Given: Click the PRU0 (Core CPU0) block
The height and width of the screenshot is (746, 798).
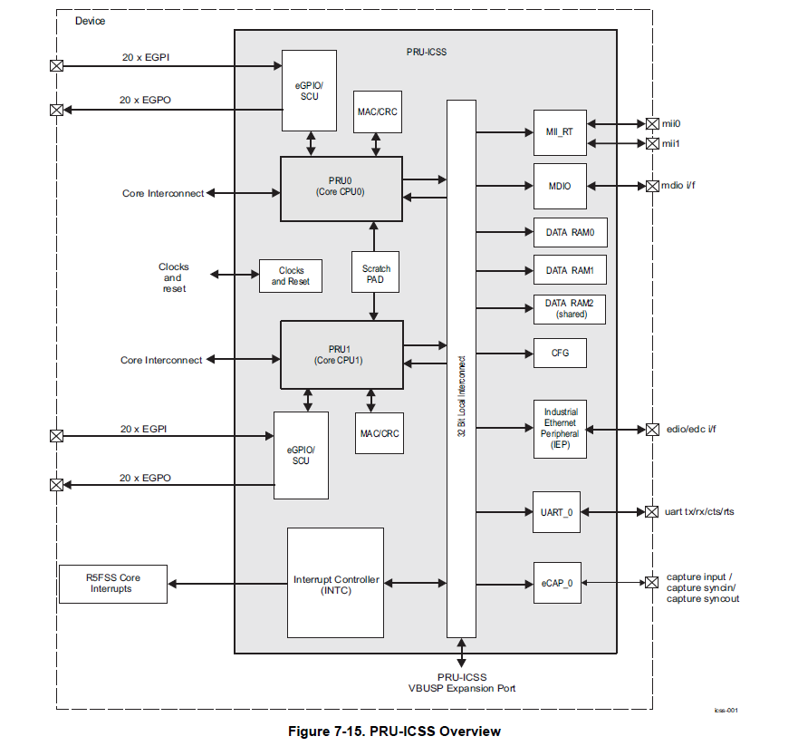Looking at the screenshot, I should click(341, 188).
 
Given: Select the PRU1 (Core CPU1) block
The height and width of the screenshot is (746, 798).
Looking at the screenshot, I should click(341, 354).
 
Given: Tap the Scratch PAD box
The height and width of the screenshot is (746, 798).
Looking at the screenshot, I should click(376, 273).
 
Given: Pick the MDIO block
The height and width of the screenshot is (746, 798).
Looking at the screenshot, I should click(560, 186).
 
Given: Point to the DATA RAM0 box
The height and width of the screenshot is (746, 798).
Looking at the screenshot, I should click(570, 232).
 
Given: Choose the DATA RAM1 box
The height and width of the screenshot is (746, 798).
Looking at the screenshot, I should click(570, 270).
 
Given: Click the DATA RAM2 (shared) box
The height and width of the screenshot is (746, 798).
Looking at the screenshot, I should click(570, 309).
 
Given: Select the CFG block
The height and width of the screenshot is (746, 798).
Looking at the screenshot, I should click(560, 353).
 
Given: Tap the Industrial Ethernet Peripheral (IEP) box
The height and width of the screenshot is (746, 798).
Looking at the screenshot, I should click(560, 430).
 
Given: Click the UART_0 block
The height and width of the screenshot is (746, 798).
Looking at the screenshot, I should click(557, 512).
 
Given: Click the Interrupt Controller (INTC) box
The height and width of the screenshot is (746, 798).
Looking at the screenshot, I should click(335, 584).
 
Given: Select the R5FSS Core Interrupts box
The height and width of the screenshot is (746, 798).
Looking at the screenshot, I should click(113, 584).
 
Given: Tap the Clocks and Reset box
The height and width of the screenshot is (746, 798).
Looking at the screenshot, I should click(290, 276).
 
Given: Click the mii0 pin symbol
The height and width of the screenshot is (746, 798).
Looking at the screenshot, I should click(652, 124).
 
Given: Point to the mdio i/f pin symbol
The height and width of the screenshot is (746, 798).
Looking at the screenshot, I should click(652, 186).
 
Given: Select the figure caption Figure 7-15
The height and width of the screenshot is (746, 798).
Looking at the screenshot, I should click(394, 731).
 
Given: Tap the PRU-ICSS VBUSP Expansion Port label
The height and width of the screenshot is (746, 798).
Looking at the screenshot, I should click(462, 683).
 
